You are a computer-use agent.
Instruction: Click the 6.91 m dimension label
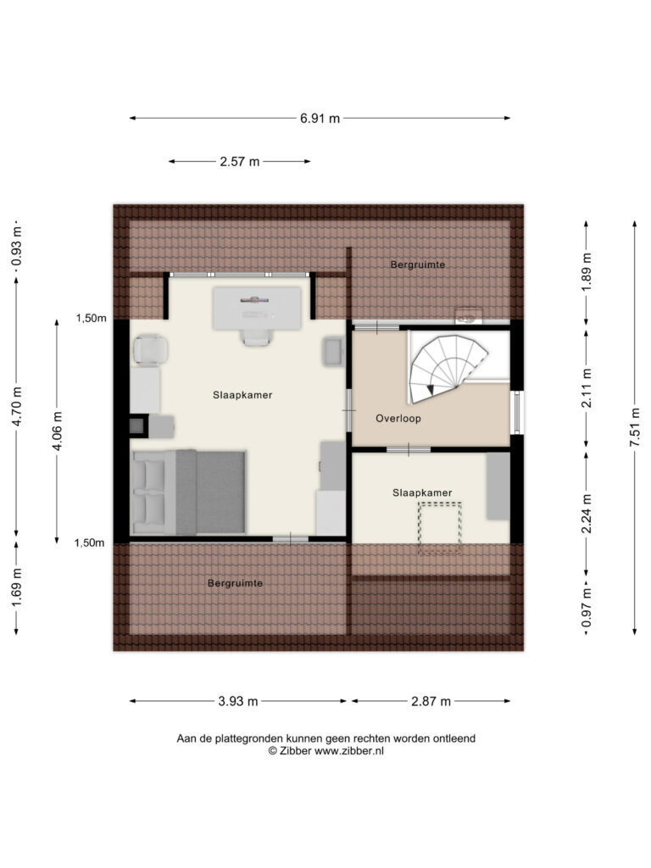(x=320, y=118)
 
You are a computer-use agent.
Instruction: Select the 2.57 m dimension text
(x=240, y=162)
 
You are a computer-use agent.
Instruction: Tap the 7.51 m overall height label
(x=636, y=427)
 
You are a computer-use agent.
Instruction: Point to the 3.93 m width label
(x=238, y=701)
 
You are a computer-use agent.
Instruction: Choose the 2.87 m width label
(x=431, y=701)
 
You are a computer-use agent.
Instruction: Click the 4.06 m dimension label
(x=57, y=431)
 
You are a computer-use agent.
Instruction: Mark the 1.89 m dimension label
(x=587, y=272)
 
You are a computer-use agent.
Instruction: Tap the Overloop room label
(x=398, y=419)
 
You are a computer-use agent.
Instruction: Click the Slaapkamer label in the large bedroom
(x=242, y=395)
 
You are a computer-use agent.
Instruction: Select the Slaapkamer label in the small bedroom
(x=422, y=492)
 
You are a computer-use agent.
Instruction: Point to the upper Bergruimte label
(x=417, y=264)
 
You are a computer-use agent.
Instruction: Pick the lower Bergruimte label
(x=235, y=583)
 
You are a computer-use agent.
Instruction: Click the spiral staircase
(x=449, y=368)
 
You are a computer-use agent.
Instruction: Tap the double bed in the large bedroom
(x=188, y=492)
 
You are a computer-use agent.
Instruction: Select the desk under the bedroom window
(x=258, y=309)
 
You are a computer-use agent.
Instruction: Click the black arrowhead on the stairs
(x=431, y=390)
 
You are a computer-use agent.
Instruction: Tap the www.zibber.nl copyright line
(x=326, y=751)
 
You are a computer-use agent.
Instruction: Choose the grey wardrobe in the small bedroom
(x=498, y=486)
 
